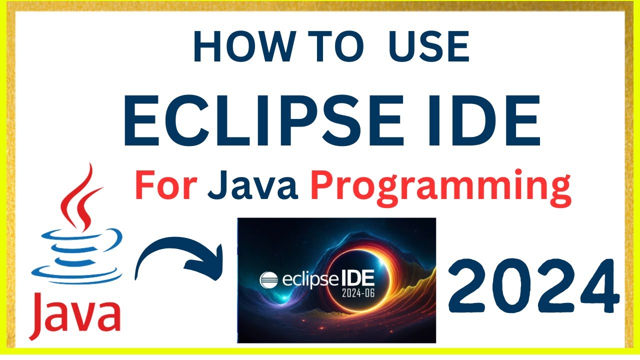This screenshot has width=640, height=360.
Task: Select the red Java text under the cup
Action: [75, 316]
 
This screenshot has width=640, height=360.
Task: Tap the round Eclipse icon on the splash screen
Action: [268, 279]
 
